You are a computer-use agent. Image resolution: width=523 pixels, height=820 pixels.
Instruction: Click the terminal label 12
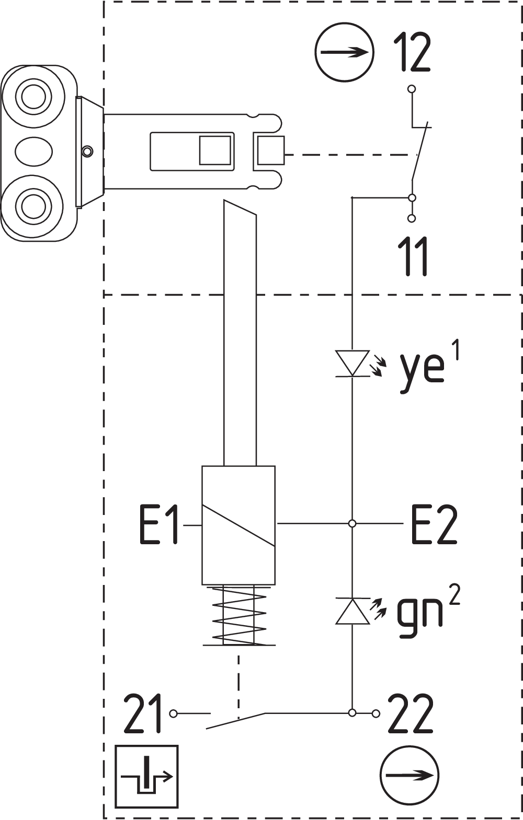[412, 52]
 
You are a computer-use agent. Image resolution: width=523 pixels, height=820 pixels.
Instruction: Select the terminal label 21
[142, 713]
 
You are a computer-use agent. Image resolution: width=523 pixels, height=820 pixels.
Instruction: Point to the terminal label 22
[411, 713]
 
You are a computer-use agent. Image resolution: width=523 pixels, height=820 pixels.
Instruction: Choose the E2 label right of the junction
[434, 524]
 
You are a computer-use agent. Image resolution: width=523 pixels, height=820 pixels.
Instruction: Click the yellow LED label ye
[422, 372]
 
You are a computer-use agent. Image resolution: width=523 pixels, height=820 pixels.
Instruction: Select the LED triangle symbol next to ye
[352, 363]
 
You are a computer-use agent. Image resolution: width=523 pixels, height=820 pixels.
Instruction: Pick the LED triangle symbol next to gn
[352, 611]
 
